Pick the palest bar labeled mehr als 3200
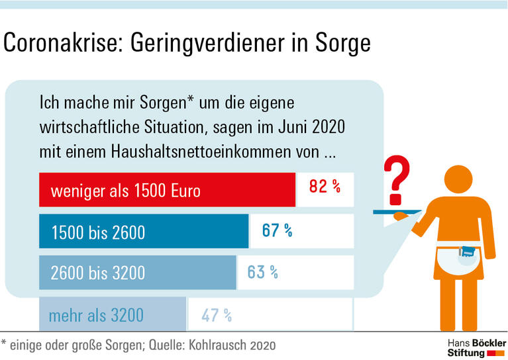[113, 314]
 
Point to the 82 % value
[325, 187]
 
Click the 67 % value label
[277, 230]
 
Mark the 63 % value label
[262, 271]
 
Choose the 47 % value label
[217, 315]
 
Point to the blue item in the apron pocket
[468, 252]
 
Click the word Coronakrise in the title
[62, 44]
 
